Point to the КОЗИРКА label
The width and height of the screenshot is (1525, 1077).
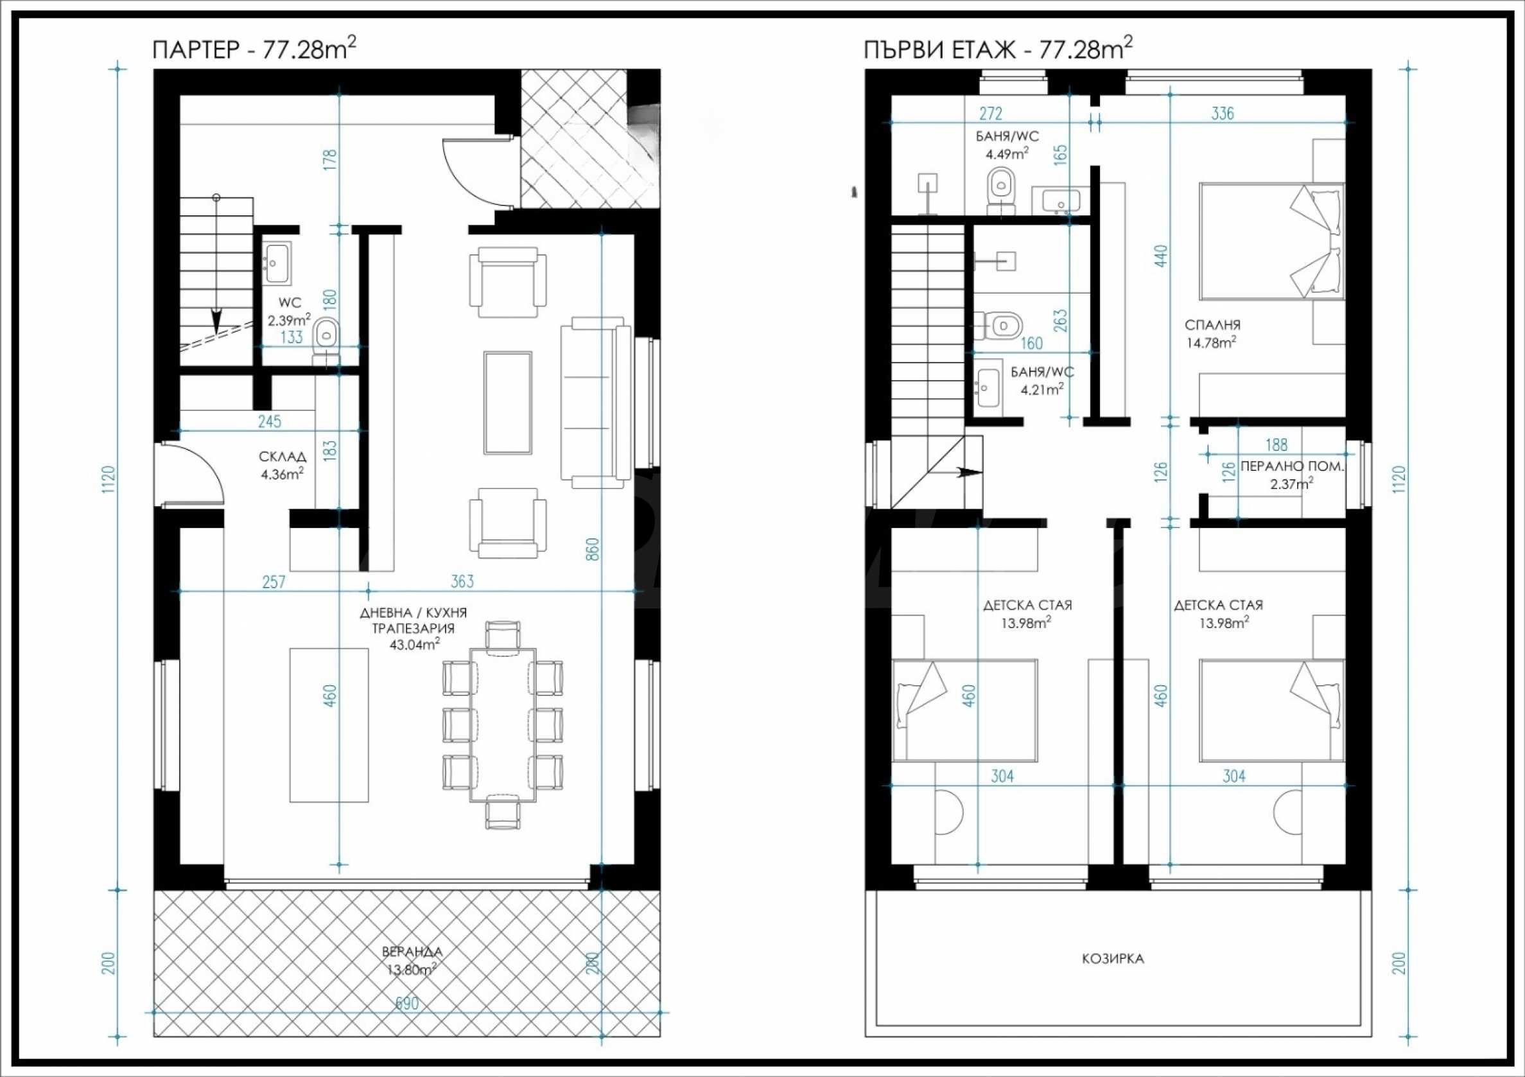(x=1113, y=959)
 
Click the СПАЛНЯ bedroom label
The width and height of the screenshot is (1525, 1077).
(x=1213, y=326)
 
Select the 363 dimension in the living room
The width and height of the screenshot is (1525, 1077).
(x=462, y=581)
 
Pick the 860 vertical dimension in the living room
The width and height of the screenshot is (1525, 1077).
(x=593, y=549)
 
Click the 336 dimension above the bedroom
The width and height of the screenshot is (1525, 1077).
(x=1222, y=114)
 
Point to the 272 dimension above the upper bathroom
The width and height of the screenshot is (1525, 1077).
(x=990, y=114)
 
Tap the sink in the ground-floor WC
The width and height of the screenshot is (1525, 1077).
(x=276, y=262)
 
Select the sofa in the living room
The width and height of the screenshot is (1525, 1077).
(x=596, y=403)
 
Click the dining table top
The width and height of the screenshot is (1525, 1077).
(x=503, y=724)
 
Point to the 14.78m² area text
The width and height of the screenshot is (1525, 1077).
(x=1211, y=343)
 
